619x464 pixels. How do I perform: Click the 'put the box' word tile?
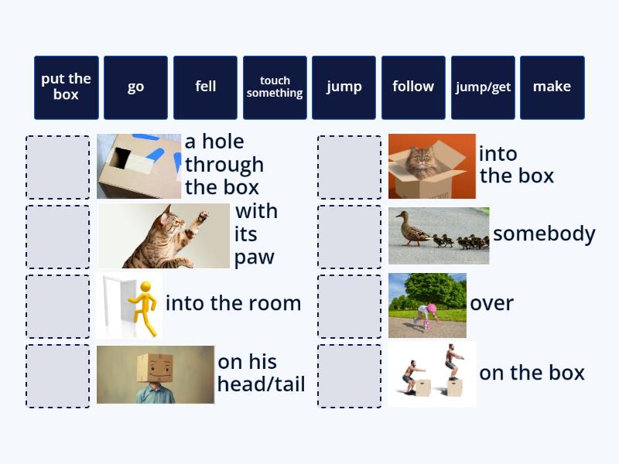tap(67, 87)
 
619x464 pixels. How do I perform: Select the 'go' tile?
tap(135, 87)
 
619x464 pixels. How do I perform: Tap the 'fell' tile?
tap(205, 87)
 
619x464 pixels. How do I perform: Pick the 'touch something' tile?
tap(275, 87)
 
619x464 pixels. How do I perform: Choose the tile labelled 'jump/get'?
tap(483, 87)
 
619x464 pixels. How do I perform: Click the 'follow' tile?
tap(413, 87)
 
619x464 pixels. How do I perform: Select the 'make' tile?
tap(552, 87)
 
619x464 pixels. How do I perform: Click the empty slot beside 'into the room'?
tap(58, 306)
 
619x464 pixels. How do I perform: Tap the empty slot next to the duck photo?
tap(349, 237)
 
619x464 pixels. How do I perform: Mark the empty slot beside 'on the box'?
tap(349, 376)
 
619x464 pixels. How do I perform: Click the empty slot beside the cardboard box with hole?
tap(58, 167)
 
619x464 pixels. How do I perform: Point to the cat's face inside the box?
tap(422, 162)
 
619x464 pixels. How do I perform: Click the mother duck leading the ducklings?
tap(407, 230)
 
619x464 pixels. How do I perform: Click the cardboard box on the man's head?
tap(156, 367)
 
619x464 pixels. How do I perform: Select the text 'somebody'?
tap(544, 234)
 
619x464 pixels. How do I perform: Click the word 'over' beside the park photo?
tap(491, 303)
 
